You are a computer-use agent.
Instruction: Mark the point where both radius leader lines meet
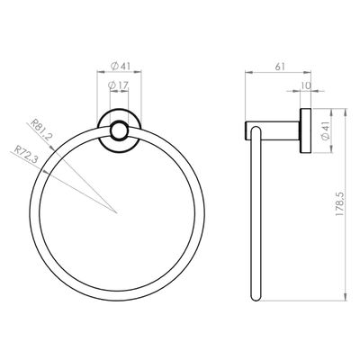click(x=118, y=212)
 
